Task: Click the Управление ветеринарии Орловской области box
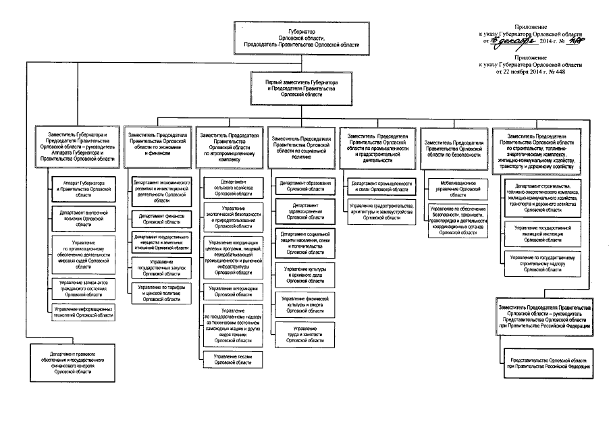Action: (228, 291)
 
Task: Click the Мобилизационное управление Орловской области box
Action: (453, 187)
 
